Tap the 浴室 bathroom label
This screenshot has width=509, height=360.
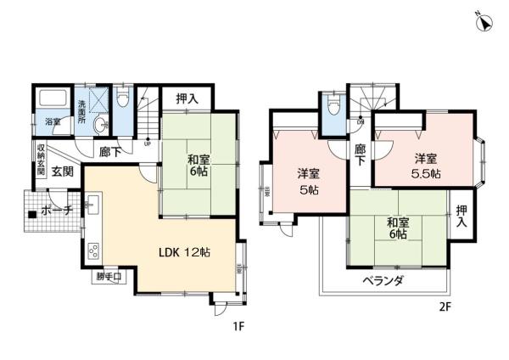(53, 121)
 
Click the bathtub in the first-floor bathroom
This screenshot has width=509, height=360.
(53, 98)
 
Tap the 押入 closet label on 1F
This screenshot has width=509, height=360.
(187, 98)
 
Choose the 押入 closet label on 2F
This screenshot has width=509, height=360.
(461, 216)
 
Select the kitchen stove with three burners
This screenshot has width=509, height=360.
(93, 251)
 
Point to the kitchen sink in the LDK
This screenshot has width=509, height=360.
(93, 206)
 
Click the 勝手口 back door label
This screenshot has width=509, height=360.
(108, 276)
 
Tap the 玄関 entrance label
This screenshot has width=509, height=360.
(63, 171)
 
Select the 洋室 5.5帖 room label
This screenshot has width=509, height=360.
(426, 166)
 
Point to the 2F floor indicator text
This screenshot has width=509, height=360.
(444, 306)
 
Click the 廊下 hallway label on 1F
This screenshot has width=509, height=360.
(109, 151)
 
